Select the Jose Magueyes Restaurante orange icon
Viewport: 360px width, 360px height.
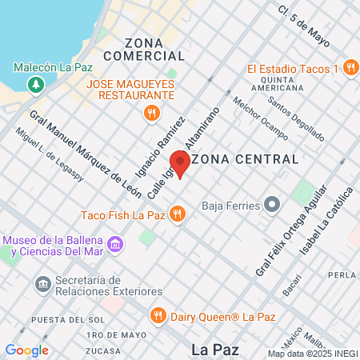pyautogui.click(x=150, y=114)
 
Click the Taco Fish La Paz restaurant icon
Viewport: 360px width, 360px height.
pyautogui.click(x=179, y=214)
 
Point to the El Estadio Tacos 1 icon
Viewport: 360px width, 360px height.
pyautogui.click(x=350, y=70)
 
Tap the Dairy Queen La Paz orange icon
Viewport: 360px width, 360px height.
pyautogui.click(x=158, y=314)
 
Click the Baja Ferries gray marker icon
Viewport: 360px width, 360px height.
pyautogui.click(x=273, y=205)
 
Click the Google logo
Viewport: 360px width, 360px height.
pyautogui.click(x=26, y=350)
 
